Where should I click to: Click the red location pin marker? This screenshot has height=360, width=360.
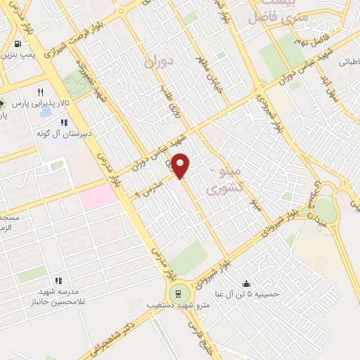[181, 165]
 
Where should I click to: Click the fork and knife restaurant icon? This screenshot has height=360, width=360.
[40, 92]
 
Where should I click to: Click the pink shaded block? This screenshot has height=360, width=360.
[98, 196]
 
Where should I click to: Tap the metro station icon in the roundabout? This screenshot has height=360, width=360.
[179, 292]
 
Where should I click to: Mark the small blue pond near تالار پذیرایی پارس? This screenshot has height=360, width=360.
[45, 112]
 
